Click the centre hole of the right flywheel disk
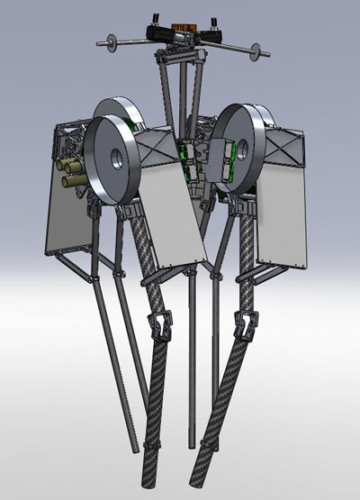[242, 149]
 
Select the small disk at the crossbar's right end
[256, 50]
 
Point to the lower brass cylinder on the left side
[72, 180]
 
